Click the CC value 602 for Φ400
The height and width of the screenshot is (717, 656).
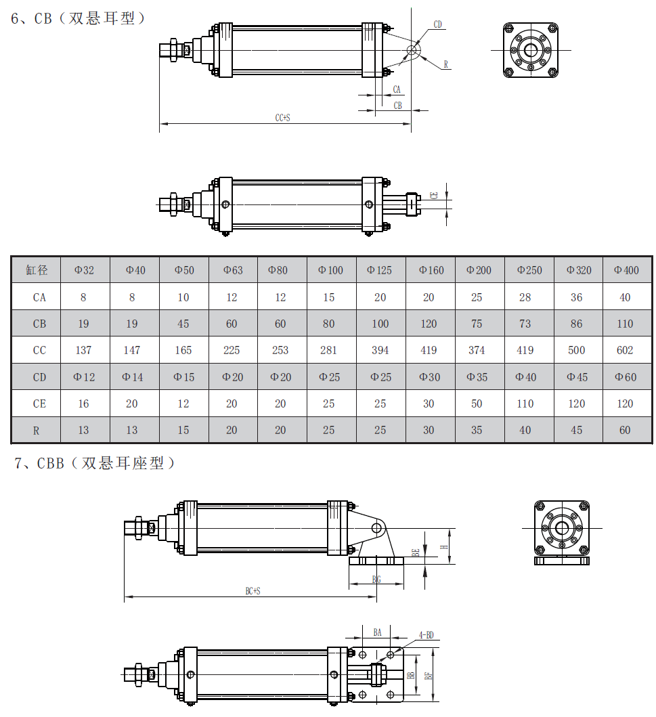pyautogui.click(x=625, y=350)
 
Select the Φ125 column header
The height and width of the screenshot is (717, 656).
pyautogui.click(x=379, y=270)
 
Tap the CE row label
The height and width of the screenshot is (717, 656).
pyautogui.click(x=40, y=404)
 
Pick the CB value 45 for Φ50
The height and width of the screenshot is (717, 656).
pyautogui.click(x=183, y=324)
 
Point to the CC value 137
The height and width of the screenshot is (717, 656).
pyautogui.click(x=83, y=350)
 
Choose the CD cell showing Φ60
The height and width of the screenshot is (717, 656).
pyautogui.click(x=626, y=377)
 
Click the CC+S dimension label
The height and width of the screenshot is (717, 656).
pyautogui.click(x=282, y=118)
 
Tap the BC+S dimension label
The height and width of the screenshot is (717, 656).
pyautogui.click(x=253, y=591)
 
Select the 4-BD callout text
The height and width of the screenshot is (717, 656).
pyautogui.click(x=426, y=635)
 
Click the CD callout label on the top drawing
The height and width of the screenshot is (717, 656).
pyautogui.click(x=438, y=25)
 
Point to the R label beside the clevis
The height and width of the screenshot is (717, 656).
pyautogui.click(x=446, y=64)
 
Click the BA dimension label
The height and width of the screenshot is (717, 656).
pyautogui.click(x=378, y=632)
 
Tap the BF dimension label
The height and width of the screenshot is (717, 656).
pyautogui.click(x=427, y=675)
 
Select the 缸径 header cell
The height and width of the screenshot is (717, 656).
pyautogui.click(x=37, y=270)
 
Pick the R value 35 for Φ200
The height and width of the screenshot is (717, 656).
pyautogui.click(x=477, y=430)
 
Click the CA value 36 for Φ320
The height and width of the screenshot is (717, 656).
pyautogui.click(x=576, y=297)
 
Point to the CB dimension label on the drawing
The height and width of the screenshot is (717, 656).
pyautogui.click(x=397, y=106)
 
